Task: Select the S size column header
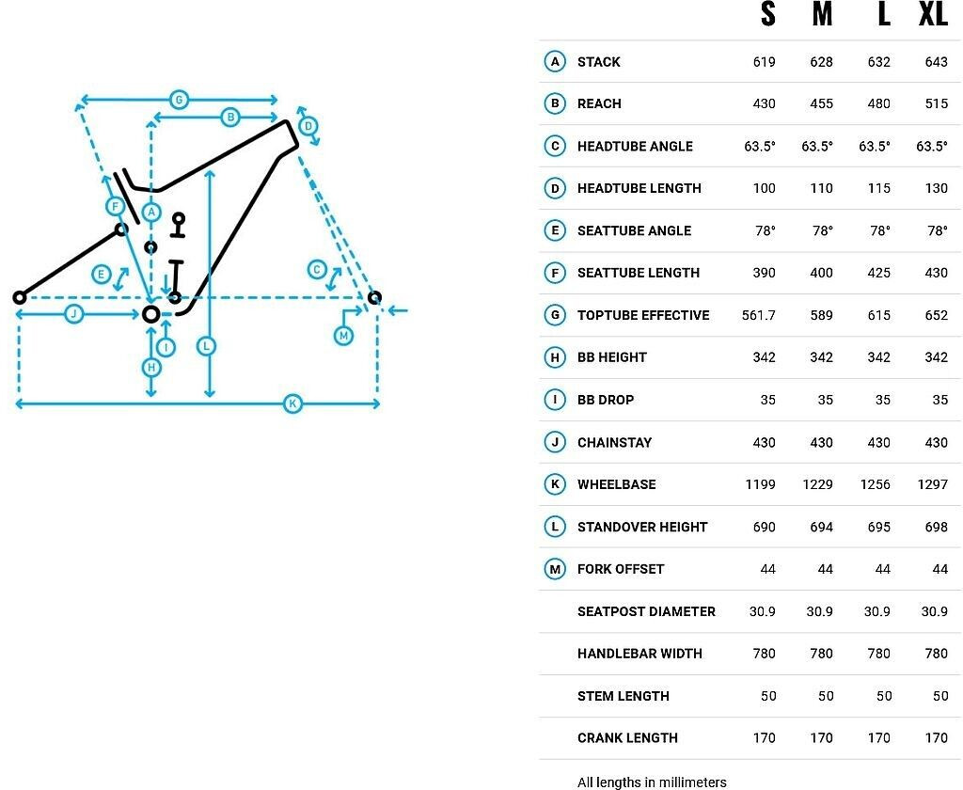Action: coord(768,15)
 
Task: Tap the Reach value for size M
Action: coord(821,103)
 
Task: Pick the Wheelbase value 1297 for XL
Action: coord(936,484)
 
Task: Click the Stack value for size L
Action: coord(878,62)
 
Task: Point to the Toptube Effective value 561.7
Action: coord(759,315)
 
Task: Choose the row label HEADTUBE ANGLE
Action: coord(635,146)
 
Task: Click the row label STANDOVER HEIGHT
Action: coord(642,527)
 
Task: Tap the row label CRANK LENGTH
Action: coord(627,738)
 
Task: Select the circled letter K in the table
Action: coord(555,484)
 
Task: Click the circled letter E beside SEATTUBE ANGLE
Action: coord(555,230)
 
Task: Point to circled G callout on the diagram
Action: coord(177,99)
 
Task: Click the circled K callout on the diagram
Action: coord(292,404)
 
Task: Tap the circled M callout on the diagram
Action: coord(343,336)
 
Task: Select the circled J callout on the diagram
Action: coord(73,314)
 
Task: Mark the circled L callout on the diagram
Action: coord(206,346)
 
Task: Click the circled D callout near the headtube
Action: coord(308,126)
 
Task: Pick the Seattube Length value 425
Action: coord(878,273)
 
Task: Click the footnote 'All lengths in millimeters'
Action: coord(652,782)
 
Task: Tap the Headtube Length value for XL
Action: coord(936,188)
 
